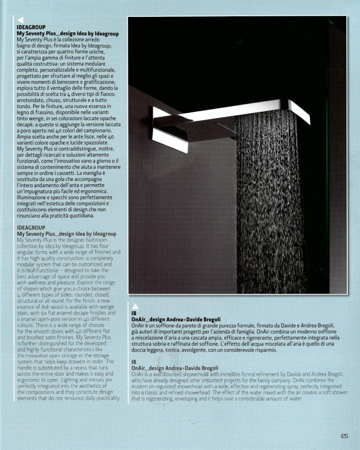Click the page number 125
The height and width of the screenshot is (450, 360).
pos(345,436)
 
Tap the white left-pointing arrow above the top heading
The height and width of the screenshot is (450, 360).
pos(21,20)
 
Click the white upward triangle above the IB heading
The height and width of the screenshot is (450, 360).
pos(136,306)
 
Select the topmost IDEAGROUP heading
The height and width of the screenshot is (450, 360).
pos(31,27)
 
